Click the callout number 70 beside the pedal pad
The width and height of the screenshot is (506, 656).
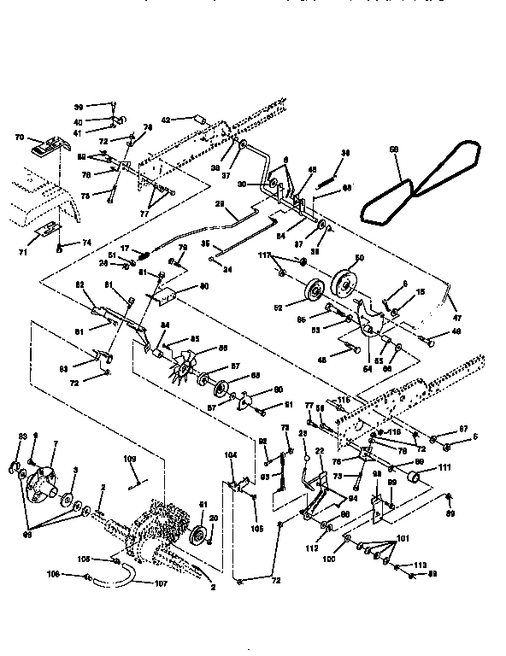(20, 138)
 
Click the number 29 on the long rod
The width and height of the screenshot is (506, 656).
(219, 205)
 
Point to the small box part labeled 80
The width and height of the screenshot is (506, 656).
(167, 296)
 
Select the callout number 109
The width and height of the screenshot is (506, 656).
(130, 460)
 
